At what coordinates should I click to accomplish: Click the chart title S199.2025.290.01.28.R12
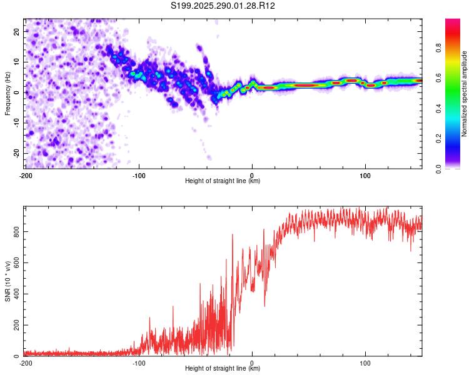coord(223,6)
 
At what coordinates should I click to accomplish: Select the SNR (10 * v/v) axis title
coord(8,281)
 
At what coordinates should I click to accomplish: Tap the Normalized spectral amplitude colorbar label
coord(464,94)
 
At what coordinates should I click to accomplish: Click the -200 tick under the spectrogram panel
coord(26,175)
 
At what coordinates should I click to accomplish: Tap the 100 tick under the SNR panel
coord(365,362)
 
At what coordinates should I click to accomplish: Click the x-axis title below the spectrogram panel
coord(223,181)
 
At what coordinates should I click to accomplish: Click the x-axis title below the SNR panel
coord(223,369)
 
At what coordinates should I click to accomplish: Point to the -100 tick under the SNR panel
coord(138,362)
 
